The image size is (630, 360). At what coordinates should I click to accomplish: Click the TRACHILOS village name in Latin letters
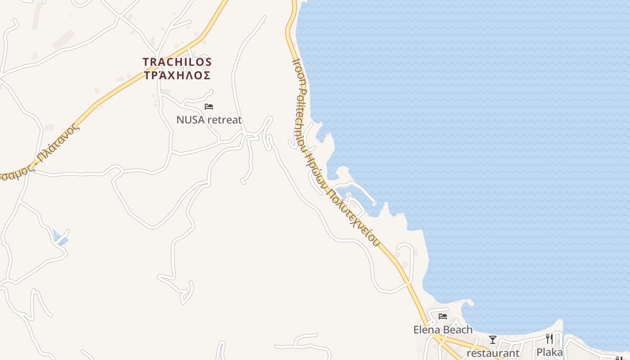point(177,62)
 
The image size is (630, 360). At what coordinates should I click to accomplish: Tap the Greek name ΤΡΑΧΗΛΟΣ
point(177,75)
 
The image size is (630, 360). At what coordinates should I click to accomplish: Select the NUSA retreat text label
point(209,120)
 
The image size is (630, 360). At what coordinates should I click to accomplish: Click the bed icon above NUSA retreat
point(209,107)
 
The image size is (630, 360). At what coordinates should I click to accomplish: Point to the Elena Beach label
point(443,329)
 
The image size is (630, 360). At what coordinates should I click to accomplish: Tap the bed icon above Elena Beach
point(443,316)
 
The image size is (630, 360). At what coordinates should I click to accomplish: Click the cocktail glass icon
point(493,339)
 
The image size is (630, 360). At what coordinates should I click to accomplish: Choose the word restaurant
point(493,353)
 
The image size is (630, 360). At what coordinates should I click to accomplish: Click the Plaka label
point(549,352)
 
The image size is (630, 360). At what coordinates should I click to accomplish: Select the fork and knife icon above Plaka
point(549,338)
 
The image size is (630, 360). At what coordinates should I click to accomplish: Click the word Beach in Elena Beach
point(458,329)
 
